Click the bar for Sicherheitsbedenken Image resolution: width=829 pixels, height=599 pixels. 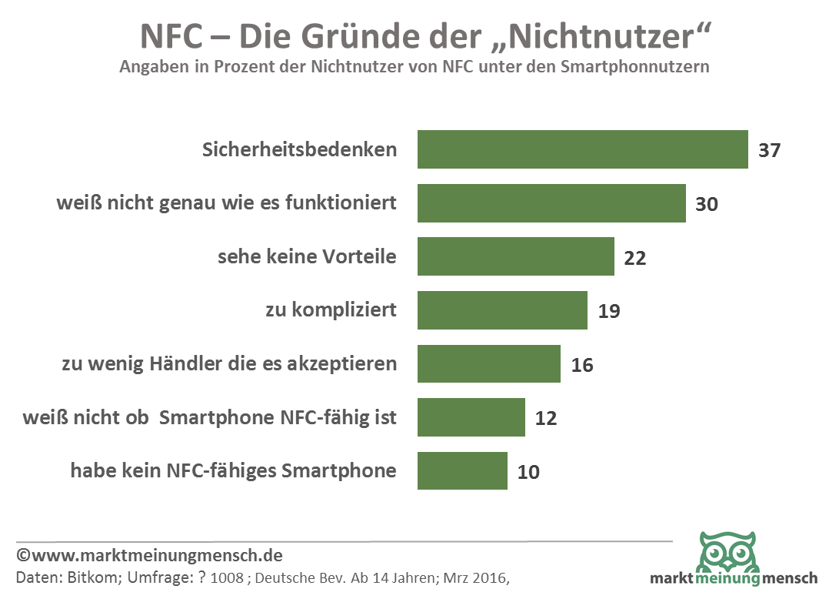pyautogui.click(x=582, y=149)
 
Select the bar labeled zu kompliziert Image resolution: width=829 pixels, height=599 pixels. pyautogui.click(x=502, y=310)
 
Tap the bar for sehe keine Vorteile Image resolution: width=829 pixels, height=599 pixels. pyautogui.click(x=515, y=256)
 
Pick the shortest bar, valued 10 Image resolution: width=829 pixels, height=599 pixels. pyautogui.click(x=462, y=470)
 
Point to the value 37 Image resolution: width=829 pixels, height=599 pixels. pyautogui.click(x=769, y=150)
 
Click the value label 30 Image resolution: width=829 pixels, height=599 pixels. pyautogui.click(x=706, y=204)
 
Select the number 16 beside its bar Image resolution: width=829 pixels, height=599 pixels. pyautogui.click(x=582, y=365)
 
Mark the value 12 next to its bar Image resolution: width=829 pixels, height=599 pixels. pyautogui.click(x=545, y=418)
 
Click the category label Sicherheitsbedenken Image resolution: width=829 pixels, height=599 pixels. pyautogui.click(x=300, y=149)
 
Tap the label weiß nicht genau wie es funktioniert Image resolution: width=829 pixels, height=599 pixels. pyautogui.click(x=227, y=203)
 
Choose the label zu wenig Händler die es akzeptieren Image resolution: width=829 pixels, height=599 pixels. pyautogui.click(x=229, y=364)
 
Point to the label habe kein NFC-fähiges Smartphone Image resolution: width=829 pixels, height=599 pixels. pyautogui.click(x=234, y=470)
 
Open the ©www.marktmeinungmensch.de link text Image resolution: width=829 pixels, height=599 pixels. pyautogui.click(x=149, y=555)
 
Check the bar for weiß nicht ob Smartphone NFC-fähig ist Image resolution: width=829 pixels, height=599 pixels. pyautogui.click(x=471, y=417)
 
